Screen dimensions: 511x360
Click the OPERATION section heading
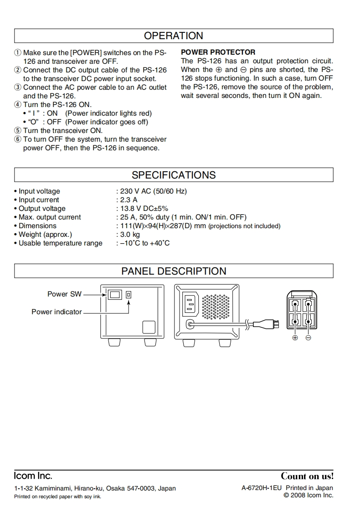click(x=174, y=36)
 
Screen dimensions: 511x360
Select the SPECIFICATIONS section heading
click(x=174, y=175)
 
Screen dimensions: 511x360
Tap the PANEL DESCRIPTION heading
click(x=174, y=271)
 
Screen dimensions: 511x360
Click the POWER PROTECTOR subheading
click(x=218, y=52)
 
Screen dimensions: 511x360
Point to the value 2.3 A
click(x=128, y=200)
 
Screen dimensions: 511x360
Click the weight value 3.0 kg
click(x=129, y=235)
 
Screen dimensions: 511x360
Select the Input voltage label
click(x=39, y=191)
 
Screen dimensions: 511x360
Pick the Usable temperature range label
click(x=60, y=243)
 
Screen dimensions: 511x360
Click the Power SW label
click(x=64, y=294)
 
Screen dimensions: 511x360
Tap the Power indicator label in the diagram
click(x=57, y=312)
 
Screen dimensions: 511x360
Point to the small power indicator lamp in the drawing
click(x=129, y=295)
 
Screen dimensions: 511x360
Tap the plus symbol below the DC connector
click(x=295, y=338)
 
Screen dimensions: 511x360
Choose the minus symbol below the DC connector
click(x=309, y=338)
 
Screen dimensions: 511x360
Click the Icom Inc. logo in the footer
click(x=33, y=476)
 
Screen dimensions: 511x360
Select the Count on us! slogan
click(x=307, y=476)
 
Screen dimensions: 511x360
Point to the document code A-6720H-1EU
click(x=262, y=488)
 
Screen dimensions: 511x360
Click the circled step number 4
click(x=18, y=105)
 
